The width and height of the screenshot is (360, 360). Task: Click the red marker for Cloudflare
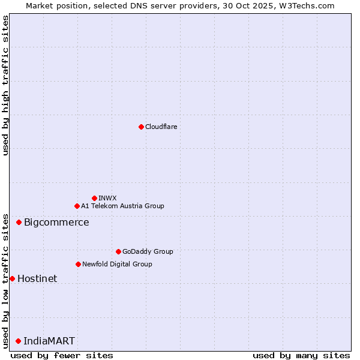[x=141, y=127]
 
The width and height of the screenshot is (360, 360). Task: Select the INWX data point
[x=94, y=198]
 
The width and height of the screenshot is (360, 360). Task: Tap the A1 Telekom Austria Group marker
[x=77, y=206]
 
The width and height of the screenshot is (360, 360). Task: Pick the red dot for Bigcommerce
[x=19, y=222]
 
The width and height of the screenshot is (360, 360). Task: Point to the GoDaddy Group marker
[x=118, y=251]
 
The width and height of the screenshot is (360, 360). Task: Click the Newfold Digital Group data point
[x=78, y=264]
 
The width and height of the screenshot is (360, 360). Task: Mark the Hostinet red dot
[x=12, y=278]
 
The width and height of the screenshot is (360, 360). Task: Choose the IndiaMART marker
[x=18, y=341]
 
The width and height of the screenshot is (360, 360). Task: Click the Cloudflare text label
[x=161, y=127]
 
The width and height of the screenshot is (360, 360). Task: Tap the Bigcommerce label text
[x=56, y=223]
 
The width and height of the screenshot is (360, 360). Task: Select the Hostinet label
[x=37, y=278]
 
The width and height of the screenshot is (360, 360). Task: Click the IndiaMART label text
[x=49, y=341]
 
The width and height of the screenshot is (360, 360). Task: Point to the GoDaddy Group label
[x=148, y=251]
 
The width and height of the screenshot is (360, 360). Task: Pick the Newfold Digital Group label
[x=117, y=264]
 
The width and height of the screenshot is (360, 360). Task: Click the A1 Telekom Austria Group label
[x=122, y=206]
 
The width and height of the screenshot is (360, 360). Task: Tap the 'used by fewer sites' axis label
[x=62, y=355]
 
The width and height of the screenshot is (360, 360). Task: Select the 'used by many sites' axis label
[x=301, y=355]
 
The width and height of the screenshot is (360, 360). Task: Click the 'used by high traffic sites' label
[x=5, y=86]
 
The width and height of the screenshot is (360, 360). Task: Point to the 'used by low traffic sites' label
[x=5, y=280]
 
